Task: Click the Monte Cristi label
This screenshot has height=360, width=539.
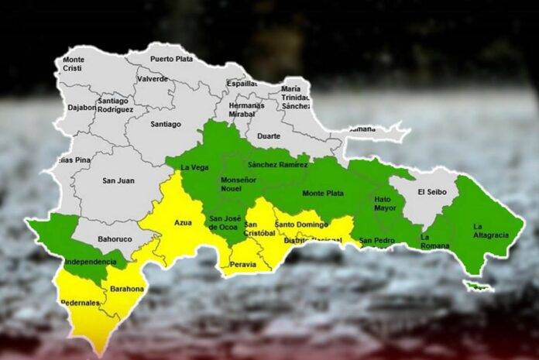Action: [x=74, y=63]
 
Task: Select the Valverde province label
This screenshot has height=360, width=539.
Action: [x=151, y=79]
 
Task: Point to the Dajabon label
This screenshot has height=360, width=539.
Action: [x=83, y=108]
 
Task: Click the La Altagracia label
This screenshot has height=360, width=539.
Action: [x=486, y=231]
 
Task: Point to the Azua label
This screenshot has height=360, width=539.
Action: [x=183, y=223]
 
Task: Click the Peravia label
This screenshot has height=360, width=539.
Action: [x=242, y=265]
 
